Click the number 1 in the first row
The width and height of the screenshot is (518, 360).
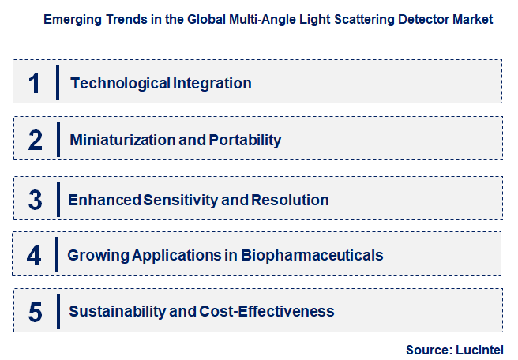click(34, 83)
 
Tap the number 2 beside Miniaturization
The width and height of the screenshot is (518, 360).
click(36, 141)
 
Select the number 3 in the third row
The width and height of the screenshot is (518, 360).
click(36, 199)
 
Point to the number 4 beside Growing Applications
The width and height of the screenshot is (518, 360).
click(34, 255)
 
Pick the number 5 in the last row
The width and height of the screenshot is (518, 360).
click(36, 312)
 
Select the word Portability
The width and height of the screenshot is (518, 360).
click(245, 141)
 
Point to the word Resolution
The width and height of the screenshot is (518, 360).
click(291, 200)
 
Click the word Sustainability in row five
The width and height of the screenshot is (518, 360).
click(118, 312)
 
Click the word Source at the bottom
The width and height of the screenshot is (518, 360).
click(427, 349)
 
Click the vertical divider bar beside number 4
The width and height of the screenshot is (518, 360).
click(57, 255)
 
